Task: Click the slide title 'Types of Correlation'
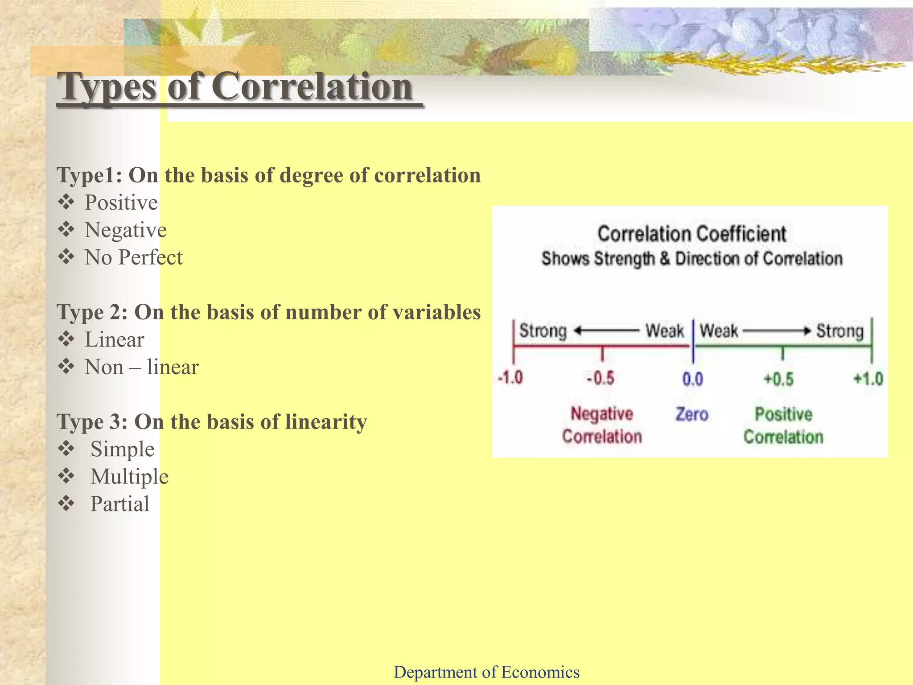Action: pos(236,87)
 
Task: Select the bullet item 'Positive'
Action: pos(121,203)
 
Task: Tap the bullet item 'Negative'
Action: pos(126,231)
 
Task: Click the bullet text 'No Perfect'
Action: pos(133,258)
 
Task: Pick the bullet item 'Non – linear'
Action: pos(141,367)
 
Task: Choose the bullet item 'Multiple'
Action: pos(129,477)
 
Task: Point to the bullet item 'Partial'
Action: pos(119,504)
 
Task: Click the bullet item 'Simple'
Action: pos(122,449)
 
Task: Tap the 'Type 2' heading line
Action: pos(268,312)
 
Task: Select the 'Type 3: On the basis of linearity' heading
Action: pos(212,422)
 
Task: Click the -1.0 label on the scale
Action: pos(510,378)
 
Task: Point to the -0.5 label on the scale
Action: pos(600,379)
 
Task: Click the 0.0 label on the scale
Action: pos(692,379)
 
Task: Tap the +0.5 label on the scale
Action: pos(779,379)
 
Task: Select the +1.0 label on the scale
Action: pos(868,379)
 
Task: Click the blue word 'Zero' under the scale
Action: pos(692,414)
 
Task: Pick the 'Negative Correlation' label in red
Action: pos(602,425)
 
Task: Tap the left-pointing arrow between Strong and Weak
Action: pos(606,331)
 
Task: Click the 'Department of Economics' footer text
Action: pos(486,672)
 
